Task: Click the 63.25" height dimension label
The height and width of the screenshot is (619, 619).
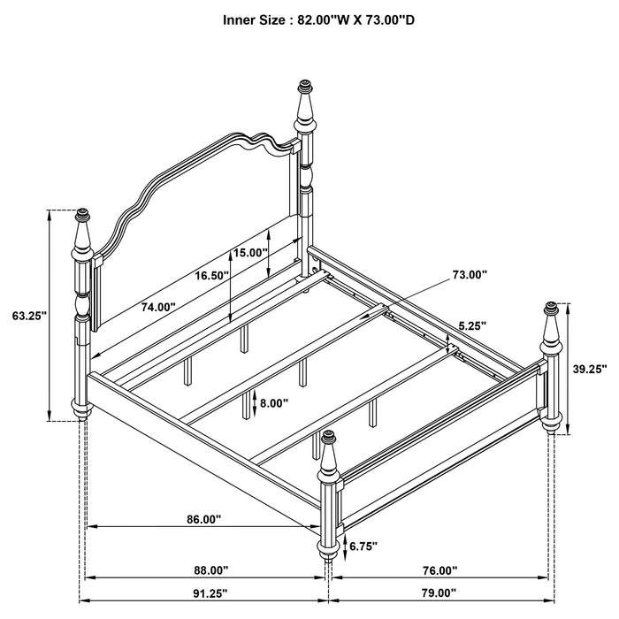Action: coord(29,314)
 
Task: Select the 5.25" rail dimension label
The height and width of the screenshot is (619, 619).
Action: coord(470,325)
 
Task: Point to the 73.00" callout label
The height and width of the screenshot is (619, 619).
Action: coord(470,275)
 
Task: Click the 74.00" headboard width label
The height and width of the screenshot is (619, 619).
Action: coord(158,307)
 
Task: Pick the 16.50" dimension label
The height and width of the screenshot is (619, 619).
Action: coord(211,276)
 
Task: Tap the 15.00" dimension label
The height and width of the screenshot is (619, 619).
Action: coord(250,252)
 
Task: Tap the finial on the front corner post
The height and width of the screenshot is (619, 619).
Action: coord(330,437)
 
